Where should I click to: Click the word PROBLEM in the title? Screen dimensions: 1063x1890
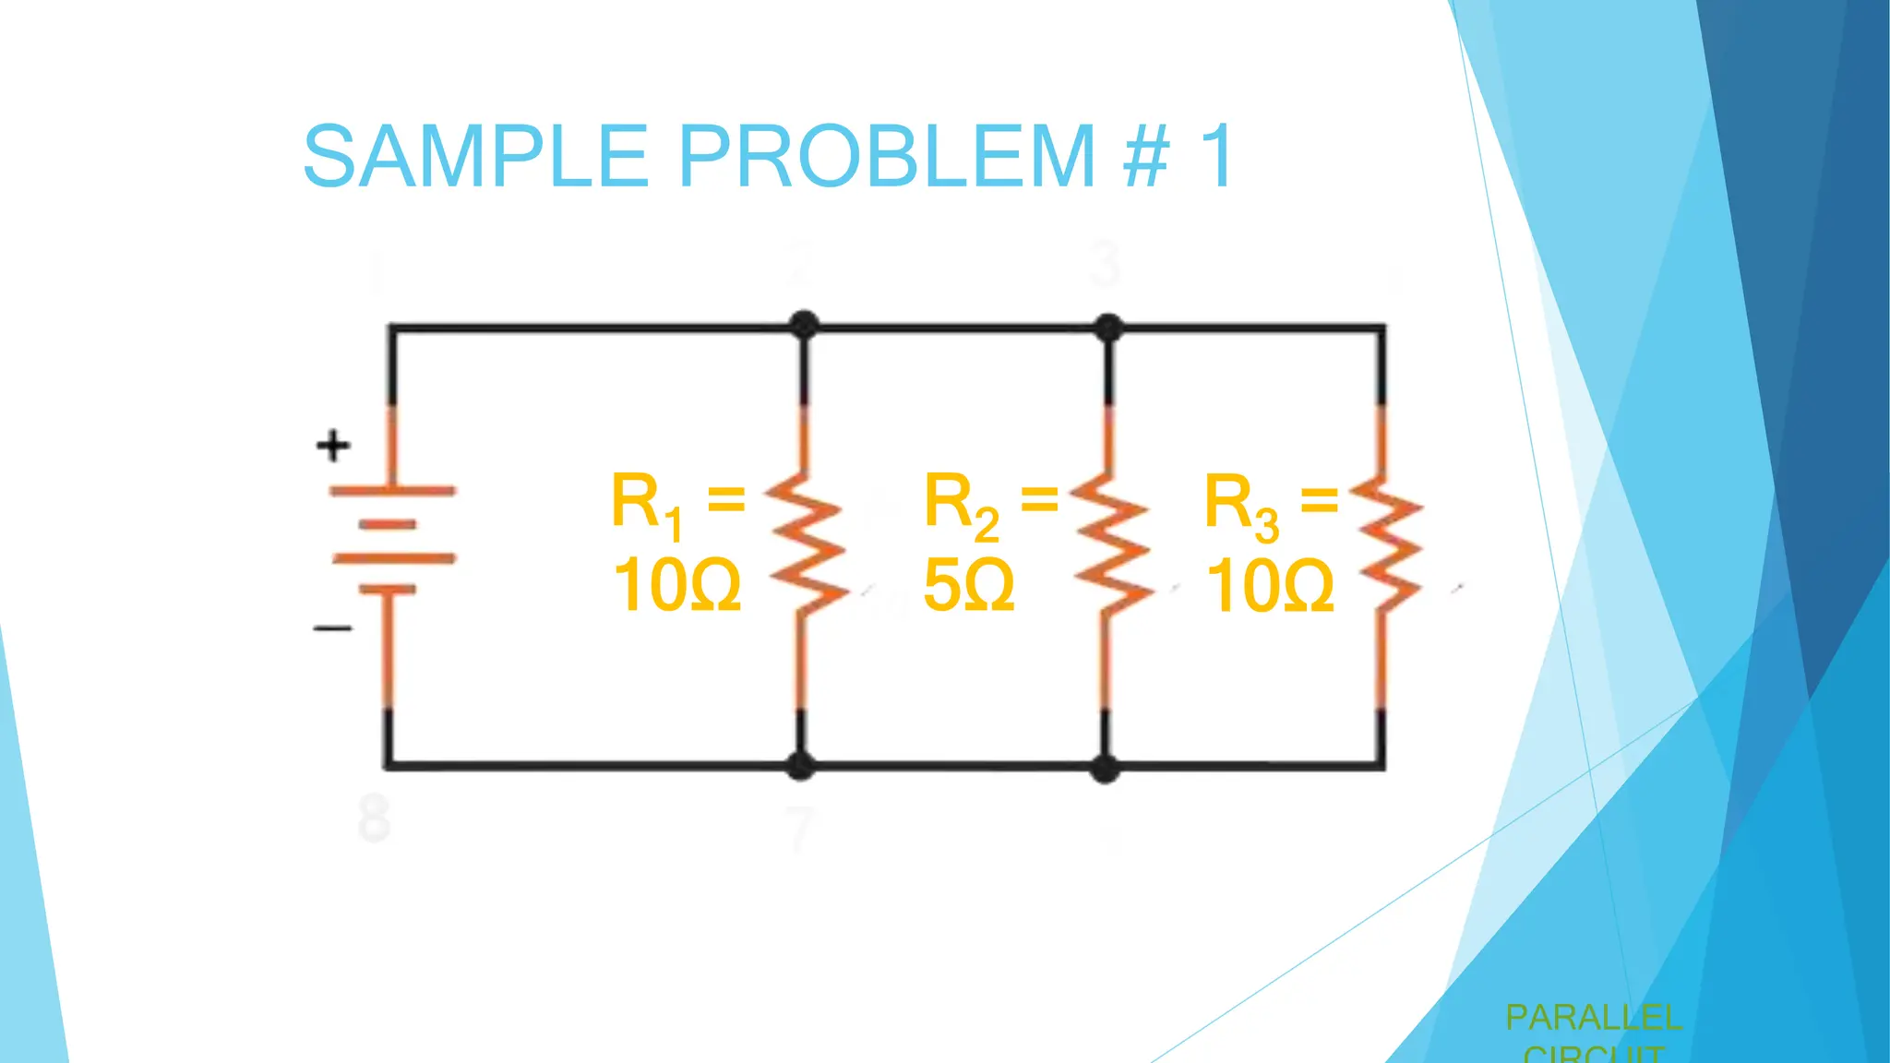click(887, 156)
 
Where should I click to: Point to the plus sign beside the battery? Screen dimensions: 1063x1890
click(333, 446)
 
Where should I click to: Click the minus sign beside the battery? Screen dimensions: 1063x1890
click(332, 628)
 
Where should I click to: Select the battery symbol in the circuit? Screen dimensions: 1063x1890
click(392, 540)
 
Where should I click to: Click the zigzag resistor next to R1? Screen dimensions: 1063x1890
click(806, 544)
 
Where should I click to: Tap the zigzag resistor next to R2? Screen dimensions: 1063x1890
click(1110, 544)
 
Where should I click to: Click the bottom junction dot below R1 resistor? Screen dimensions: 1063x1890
click(800, 765)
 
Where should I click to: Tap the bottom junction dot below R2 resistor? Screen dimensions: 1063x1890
click(1105, 768)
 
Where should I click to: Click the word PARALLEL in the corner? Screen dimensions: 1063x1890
click(1593, 1018)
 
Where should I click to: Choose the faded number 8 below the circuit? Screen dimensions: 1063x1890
click(374, 818)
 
